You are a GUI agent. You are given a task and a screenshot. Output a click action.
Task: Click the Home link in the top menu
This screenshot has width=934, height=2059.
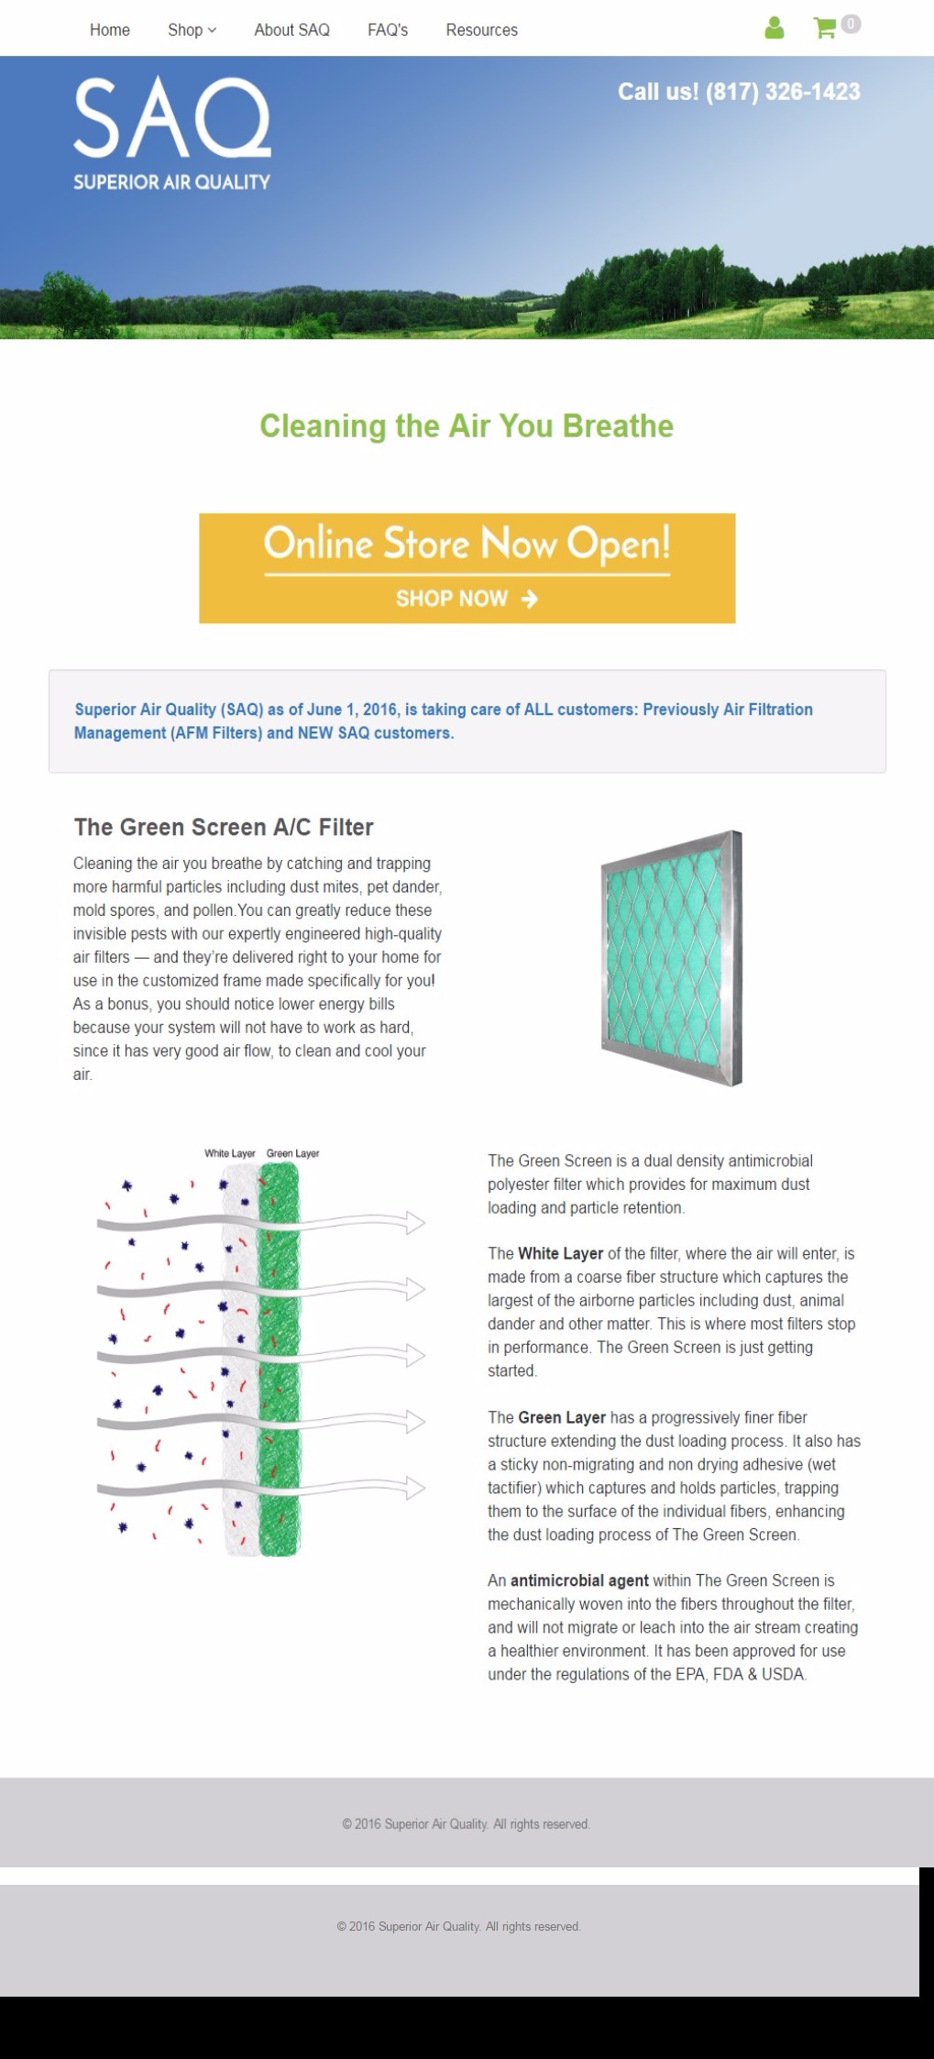tap(110, 30)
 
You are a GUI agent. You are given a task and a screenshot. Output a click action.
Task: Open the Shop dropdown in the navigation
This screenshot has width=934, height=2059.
tap(192, 30)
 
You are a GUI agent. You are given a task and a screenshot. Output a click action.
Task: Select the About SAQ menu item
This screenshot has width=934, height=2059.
tap(291, 30)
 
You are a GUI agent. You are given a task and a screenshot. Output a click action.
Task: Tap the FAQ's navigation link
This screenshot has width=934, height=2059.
tap(388, 30)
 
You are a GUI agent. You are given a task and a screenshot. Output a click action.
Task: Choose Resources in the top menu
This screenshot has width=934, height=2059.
tap(481, 30)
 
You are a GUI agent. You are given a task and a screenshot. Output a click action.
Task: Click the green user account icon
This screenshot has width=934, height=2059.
tap(775, 28)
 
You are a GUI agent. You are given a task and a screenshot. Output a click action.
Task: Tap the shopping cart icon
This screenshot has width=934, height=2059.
tap(824, 28)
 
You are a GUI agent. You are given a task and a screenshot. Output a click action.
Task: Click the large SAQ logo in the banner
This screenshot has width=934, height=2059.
tap(171, 133)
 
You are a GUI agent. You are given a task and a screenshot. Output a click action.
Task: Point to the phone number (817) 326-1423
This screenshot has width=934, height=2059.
tap(783, 92)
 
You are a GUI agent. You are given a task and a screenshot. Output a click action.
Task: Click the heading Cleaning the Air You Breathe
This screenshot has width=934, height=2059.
tap(467, 426)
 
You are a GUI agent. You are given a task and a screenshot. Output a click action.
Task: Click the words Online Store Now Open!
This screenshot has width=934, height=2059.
tap(467, 544)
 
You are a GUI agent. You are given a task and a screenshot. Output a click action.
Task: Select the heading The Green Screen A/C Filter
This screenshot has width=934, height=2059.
tap(224, 827)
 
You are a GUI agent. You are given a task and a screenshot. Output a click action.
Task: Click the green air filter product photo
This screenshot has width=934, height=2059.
tap(671, 958)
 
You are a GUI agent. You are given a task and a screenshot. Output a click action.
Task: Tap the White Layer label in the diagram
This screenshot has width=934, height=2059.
tap(229, 1153)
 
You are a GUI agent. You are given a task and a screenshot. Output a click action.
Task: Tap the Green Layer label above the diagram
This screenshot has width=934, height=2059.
tap(292, 1153)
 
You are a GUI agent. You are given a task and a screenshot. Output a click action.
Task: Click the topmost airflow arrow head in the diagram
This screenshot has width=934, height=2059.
tap(415, 1223)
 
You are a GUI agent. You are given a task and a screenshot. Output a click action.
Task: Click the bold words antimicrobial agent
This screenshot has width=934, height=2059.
tap(579, 1580)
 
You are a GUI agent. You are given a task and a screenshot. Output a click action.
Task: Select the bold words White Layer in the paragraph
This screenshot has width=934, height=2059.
tap(560, 1253)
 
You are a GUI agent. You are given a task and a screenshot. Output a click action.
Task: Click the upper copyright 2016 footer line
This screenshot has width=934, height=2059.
tap(466, 1823)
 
